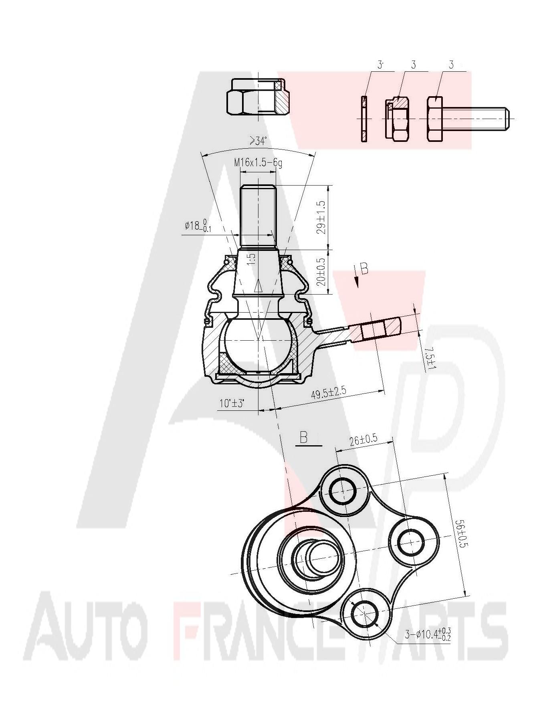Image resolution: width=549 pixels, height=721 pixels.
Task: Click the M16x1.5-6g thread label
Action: click(258, 163)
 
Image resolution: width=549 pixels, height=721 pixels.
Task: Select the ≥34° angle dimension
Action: click(258, 141)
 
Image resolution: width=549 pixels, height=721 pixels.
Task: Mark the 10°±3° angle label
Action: click(232, 403)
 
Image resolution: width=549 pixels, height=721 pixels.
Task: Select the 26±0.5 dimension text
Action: click(363, 440)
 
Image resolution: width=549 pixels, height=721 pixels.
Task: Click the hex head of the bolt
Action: click(435, 119)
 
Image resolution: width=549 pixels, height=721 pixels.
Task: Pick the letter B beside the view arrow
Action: click(364, 269)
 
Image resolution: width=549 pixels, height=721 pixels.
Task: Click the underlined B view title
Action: click(303, 438)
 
